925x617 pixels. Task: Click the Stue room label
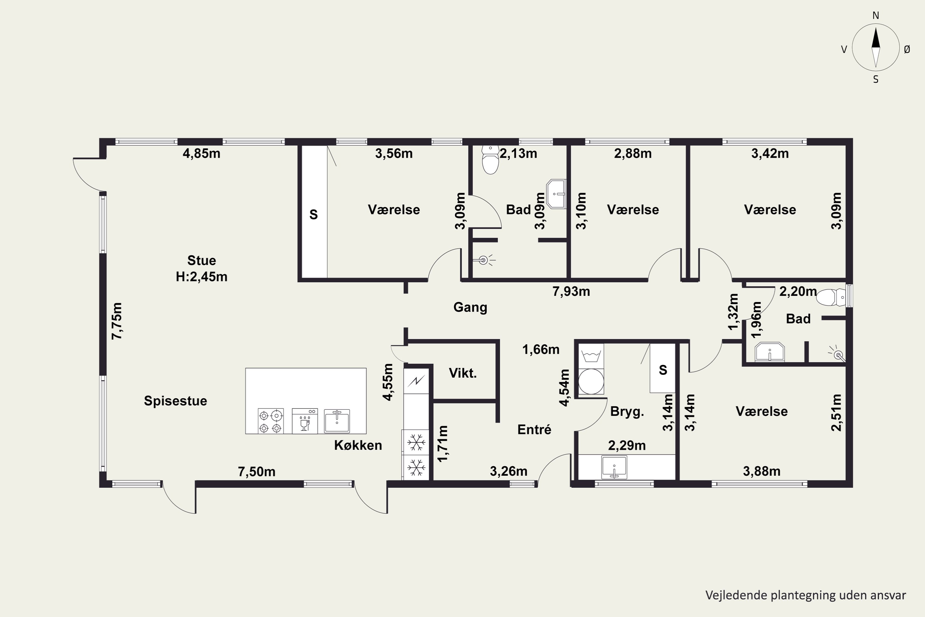click(201, 260)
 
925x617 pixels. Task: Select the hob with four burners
click(271, 421)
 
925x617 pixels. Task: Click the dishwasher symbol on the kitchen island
click(305, 421)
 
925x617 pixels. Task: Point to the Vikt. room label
click(463, 373)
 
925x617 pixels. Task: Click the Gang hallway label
click(471, 307)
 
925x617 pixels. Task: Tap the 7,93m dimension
click(571, 292)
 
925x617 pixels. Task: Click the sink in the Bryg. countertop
click(614, 467)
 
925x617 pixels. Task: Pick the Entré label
click(534, 429)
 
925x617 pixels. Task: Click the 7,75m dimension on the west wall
click(117, 321)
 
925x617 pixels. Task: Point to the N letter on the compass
click(876, 16)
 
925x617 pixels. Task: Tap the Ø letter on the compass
click(907, 49)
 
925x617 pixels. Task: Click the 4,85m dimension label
click(201, 153)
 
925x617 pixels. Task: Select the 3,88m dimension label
click(762, 471)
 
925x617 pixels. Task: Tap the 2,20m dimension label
click(798, 292)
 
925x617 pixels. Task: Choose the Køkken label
click(358, 445)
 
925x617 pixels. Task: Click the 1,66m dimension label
click(541, 350)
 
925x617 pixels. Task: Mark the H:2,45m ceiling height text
click(201, 277)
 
